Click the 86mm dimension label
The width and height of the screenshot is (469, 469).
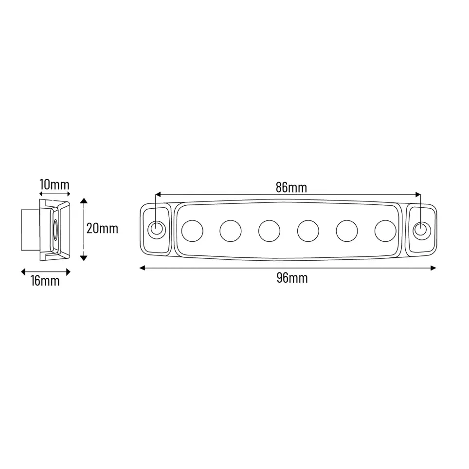point(291,187)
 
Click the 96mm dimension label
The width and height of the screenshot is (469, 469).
point(292,278)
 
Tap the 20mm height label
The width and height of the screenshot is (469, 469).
point(102,229)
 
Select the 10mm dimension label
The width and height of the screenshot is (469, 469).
point(54,184)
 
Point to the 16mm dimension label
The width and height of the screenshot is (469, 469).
point(45,281)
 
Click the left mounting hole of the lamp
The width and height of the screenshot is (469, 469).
point(157,229)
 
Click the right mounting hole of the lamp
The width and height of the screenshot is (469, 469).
point(421,229)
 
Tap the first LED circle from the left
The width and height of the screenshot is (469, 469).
point(192,231)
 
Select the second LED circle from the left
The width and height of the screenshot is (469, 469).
point(231,231)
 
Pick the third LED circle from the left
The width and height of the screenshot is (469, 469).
point(269,231)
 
